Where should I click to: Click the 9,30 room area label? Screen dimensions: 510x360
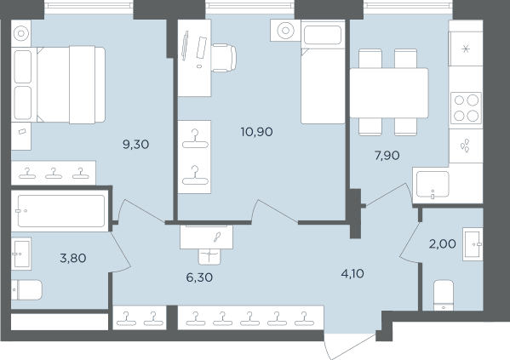[136, 144]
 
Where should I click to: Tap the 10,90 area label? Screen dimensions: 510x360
[256, 132]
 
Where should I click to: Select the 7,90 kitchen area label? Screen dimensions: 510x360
[387, 156]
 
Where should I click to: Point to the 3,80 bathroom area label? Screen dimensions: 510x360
[73, 258]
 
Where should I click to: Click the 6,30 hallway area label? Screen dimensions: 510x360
[199, 277]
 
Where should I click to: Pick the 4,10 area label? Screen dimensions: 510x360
[352, 274]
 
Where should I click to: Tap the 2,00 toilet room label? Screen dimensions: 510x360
[443, 243]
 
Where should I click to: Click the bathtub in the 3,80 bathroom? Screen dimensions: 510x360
[60, 211]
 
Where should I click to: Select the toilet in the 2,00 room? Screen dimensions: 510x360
[444, 295]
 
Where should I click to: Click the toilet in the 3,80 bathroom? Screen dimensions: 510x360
[27, 289]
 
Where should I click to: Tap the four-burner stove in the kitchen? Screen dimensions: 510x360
[466, 108]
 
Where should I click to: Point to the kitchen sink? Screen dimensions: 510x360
[433, 185]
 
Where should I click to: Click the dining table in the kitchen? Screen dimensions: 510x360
[389, 93]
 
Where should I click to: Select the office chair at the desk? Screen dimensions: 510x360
[224, 58]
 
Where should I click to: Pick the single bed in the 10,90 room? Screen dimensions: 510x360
[323, 71]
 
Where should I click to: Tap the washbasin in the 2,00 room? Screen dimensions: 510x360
[473, 244]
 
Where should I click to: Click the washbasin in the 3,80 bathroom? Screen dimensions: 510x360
[21, 254]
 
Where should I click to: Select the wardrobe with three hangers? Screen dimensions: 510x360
[54, 173]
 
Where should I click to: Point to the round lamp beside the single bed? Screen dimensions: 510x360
[285, 31]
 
